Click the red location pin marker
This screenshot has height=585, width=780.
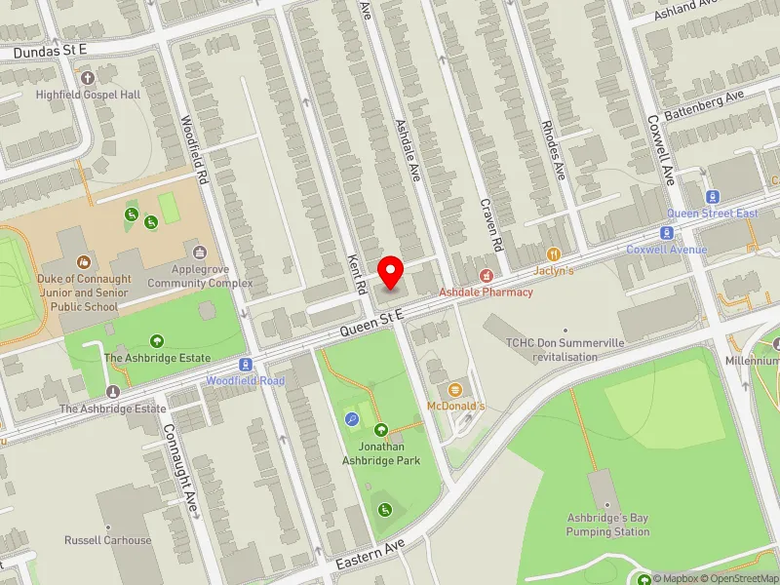(391, 271)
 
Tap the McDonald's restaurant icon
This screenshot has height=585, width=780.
(455, 390)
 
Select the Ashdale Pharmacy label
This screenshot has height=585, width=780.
(486, 292)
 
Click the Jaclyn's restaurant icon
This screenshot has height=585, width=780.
(553, 254)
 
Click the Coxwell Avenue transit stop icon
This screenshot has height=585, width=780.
(667, 233)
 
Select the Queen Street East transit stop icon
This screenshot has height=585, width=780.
(713, 197)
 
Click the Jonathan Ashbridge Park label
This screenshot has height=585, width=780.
(381, 453)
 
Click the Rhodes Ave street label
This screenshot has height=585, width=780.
(553, 152)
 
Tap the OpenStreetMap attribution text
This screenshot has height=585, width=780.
(741, 578)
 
